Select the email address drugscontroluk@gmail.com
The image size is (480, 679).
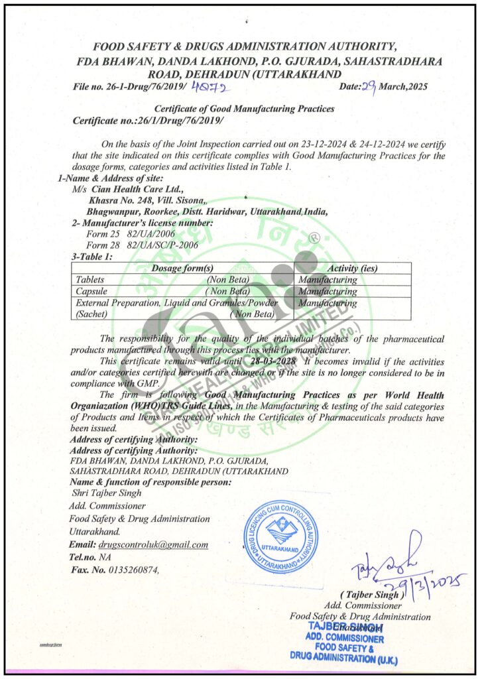pos(153,544)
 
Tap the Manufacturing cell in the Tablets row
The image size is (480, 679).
pos(328,280)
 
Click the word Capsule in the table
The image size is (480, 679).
pos(92,291)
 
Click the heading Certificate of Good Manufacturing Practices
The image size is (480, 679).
pos(244,108)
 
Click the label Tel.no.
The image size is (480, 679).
pos(82,557)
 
